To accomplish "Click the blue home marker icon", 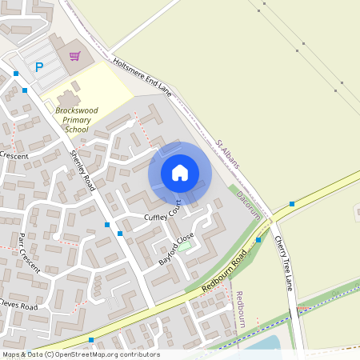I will point(180,173).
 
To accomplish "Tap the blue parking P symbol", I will point(38,67).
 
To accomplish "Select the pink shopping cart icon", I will point(74,56).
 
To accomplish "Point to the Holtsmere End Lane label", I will point(143,75).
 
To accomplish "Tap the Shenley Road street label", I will point(82,170).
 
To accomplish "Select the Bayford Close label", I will point(177,249).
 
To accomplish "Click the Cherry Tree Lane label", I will point(285,262).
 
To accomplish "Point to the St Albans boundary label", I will point(228,154).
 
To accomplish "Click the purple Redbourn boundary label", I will point(241,310).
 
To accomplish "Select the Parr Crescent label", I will point(29,252).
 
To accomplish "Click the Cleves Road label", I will point(18,306).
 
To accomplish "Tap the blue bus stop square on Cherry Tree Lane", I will point(291,204).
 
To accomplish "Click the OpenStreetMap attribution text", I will point(80,354).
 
